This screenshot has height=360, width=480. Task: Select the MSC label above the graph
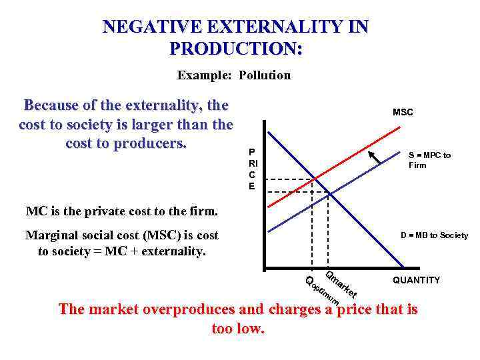[x=403, y=112]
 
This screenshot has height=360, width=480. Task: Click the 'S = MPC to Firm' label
[x=429, y=160]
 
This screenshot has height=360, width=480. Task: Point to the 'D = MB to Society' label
[x=434, y=235]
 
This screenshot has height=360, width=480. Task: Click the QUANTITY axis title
[x=416, y=280]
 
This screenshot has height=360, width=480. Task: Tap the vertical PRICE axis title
[x=252, y=169]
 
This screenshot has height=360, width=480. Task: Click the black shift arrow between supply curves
[x=377, y=158]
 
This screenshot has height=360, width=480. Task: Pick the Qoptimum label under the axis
[x=323, y=291]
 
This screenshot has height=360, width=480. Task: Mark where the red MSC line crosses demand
[x=313, y=179]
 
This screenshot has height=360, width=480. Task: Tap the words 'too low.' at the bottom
[x=238, y=329]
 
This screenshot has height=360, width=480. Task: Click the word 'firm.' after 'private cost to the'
[x=204, y=212]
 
